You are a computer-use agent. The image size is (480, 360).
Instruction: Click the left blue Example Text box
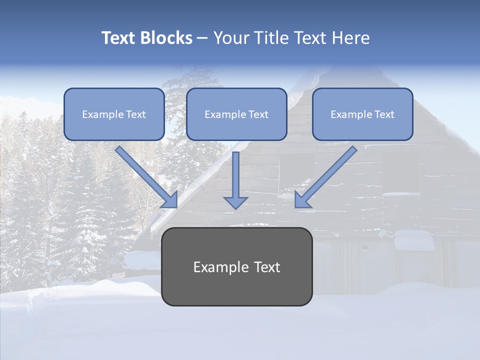[x=114, y=114]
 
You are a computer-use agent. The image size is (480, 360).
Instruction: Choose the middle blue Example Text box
[x=236, y=114]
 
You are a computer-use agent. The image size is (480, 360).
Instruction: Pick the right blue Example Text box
[x=362, y=114]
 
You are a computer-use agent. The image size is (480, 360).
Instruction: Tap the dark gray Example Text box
[x=236, y=266]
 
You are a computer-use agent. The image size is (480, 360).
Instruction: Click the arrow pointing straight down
[x=235, y=180]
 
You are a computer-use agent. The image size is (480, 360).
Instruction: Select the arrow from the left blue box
[x=146, y=176]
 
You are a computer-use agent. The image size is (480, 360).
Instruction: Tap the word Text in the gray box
[x=267, y=267]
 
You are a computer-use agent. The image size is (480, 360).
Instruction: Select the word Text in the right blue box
[x=384, y=114]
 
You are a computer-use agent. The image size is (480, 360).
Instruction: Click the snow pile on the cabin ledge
[x=414, y=240]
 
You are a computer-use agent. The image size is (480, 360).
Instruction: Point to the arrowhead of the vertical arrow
[x=235, y=202]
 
